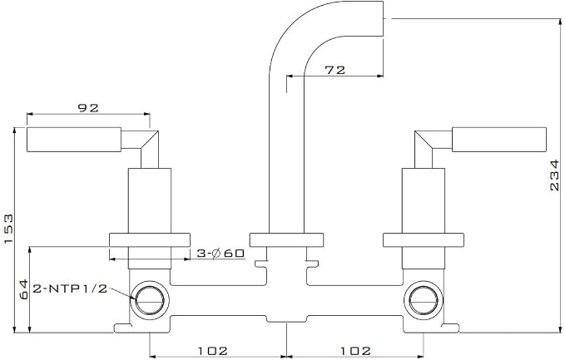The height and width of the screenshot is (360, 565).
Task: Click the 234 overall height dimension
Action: (555, 175)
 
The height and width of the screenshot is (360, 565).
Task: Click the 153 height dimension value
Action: (8, 229)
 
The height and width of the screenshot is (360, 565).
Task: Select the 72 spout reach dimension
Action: (335, 70)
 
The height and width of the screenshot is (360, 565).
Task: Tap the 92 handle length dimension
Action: (88, 107)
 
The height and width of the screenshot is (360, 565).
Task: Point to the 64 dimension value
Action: (24, 289)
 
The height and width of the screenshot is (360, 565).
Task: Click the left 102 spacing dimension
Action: (212, 351)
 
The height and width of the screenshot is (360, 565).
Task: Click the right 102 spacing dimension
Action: (355, 351)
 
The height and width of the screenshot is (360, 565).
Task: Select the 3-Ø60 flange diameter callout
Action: (221, 254)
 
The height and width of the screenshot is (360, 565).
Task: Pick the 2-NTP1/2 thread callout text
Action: (70, 288)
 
